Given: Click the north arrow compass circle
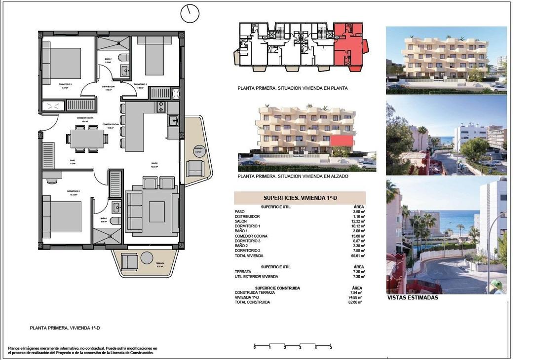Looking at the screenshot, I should click(x=190, y=14).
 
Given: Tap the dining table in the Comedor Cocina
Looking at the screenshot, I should click(x=86, y=139).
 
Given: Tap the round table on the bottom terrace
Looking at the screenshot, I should click(x=147, y=258).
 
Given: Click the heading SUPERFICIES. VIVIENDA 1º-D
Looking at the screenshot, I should click(x=300, y=197).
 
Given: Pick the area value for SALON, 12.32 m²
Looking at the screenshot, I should click(x=358, y=221).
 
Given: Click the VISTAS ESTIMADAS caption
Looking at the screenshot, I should click(x=412, y=297).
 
